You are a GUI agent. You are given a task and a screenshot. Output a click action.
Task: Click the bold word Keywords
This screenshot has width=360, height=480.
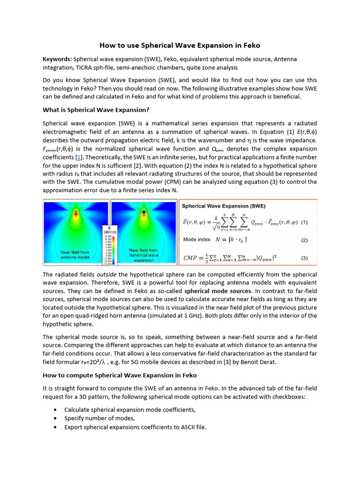click(x=57, y=59)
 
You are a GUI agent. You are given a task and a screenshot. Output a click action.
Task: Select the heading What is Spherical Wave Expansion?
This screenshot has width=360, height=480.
click(x=96, y=110)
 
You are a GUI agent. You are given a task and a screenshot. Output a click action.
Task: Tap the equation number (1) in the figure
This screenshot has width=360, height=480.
click(x=304, y=222)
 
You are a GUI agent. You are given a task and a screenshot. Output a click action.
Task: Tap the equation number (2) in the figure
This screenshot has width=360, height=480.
click(x=304, y=240)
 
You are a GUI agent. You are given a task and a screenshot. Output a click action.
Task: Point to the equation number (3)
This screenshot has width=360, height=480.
click(x=304, y=257)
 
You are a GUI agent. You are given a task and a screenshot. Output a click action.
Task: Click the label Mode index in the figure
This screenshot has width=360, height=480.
click(x=196, y=240)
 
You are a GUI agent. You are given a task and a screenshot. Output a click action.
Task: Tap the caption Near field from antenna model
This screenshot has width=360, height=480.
click(x=75, y=255)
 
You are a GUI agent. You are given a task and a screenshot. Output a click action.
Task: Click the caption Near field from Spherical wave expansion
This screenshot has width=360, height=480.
click(x=143, y=255)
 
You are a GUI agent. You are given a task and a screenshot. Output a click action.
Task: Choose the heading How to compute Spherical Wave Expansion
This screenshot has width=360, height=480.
click(x=120, y=375)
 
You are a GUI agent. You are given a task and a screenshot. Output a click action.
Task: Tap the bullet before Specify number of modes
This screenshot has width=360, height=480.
click(x=55, y=418)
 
